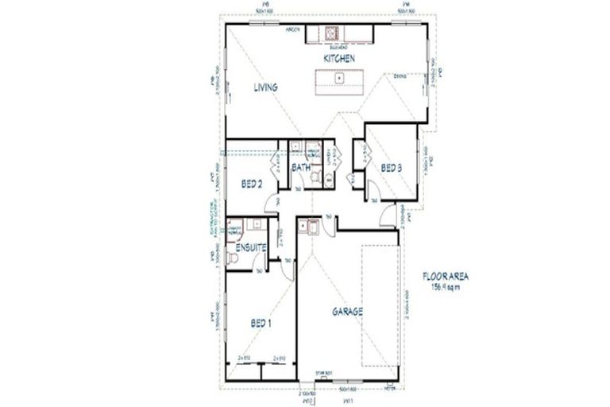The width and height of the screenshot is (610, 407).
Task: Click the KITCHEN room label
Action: (x=338, y=60)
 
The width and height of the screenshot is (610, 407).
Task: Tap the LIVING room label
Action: (x=264, y=88)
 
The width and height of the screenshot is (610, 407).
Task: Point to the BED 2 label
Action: (x=252, y=184)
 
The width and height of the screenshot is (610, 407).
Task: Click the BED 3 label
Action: (x=391, y=168)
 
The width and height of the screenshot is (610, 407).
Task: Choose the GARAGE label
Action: (x=347, y=312)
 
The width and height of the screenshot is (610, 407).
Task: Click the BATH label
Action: (x=301, y=168)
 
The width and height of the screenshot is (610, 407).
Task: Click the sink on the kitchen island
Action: (x=338, y=78)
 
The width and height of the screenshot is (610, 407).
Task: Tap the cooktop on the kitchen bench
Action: (x=330, y=33)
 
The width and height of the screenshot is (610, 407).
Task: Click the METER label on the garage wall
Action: (x=388, y=388)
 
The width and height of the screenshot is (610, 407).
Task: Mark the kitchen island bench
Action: (x=338, y=79)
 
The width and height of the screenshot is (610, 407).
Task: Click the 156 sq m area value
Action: (x=446, y=287)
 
